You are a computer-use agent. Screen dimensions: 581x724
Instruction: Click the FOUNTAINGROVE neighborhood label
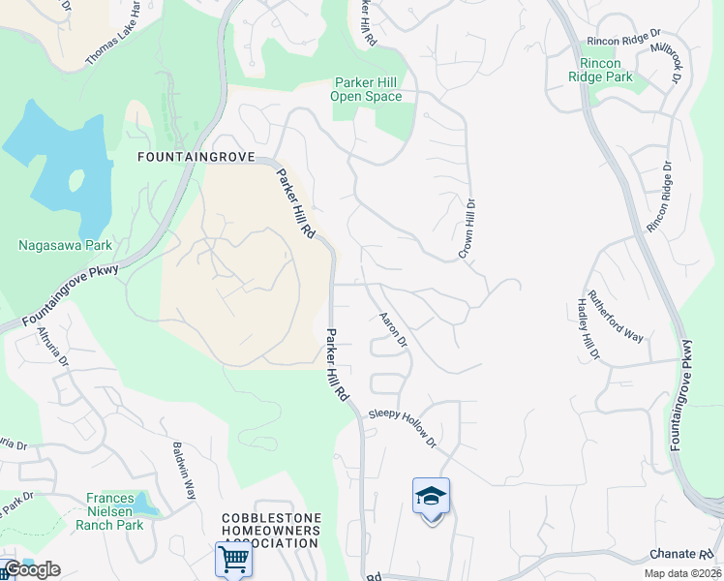(196, 157)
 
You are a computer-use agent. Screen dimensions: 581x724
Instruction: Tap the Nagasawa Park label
(66, 245)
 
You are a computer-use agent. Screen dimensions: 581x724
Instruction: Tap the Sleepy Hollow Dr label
(403, 426)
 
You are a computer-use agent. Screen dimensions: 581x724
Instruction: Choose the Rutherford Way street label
(616, 317)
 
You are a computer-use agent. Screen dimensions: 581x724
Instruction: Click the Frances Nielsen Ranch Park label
(109, 511)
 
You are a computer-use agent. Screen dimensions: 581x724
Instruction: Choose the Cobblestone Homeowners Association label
(270, 531)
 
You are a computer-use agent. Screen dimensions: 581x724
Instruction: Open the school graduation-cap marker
(431, 498)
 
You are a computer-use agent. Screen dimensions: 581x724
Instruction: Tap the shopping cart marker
(233, 559)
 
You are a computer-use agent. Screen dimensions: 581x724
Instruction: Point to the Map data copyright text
(682, 573)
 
